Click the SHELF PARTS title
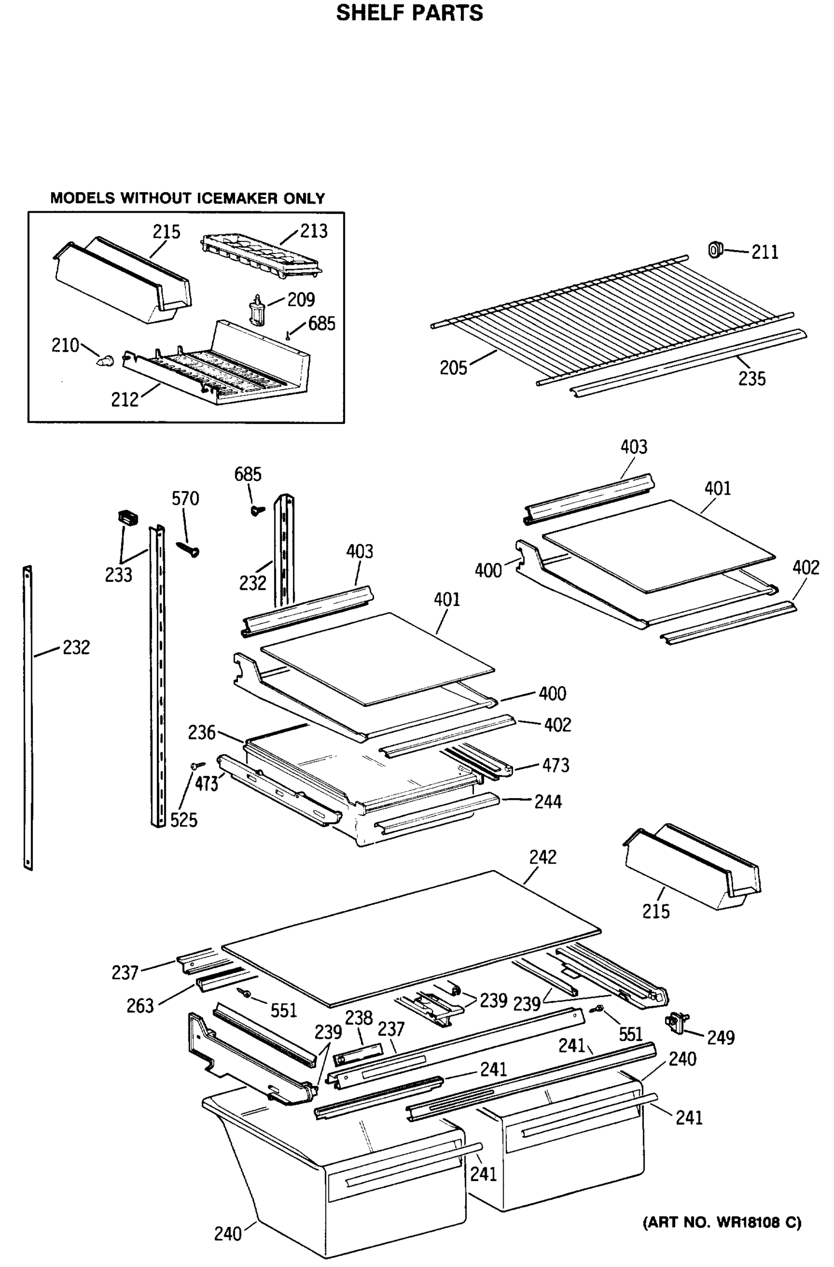(409, 13)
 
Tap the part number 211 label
(764, 252)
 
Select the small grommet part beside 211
(716, 249)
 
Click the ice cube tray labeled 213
(261, 256)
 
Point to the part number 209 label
(301, 300)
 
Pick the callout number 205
(453, 368)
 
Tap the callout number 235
(752, 379)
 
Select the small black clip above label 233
(127, 516)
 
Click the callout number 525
(184, 820)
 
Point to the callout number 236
(202, 733)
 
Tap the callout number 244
(548, 802)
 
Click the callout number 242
(542, 857)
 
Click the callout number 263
(140, 1006)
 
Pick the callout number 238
(359, 1018)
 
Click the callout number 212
(125, 400)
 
